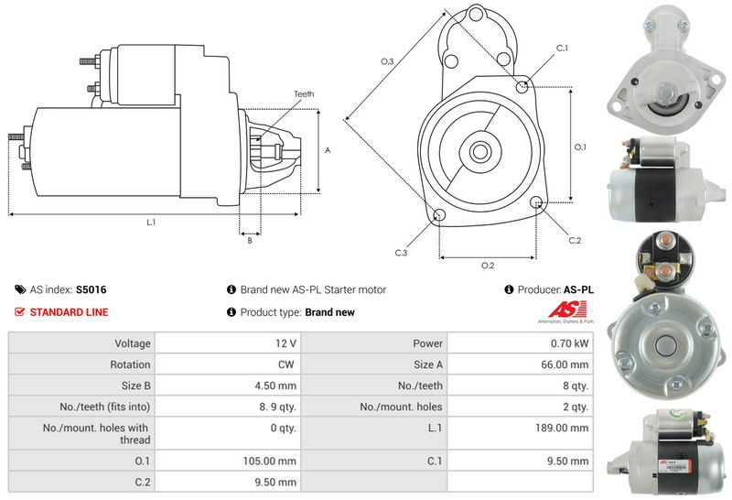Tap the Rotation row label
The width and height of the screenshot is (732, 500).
[130, 364]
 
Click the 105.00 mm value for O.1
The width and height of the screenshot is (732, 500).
[275, 461]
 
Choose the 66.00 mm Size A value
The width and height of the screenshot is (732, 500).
[567, 364]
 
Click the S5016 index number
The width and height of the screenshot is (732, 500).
[91, 289]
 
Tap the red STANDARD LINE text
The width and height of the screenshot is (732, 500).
[69, 312]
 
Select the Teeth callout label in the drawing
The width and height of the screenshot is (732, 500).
[305, 93]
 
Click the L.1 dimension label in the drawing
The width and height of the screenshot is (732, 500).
[151, 223]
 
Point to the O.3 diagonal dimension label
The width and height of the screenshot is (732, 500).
[387, 61]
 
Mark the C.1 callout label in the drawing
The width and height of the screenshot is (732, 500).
[562, 48]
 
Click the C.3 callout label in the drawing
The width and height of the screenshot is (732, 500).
[401, 252]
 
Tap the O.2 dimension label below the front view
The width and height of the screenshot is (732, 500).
[488, 266]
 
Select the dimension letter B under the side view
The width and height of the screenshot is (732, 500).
[249, 241]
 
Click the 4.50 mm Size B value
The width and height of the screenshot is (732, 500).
[277, 386]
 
